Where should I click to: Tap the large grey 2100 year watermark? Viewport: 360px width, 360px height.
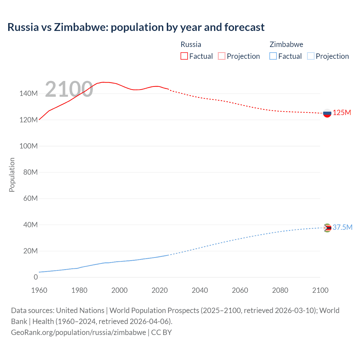[x=69, y=89]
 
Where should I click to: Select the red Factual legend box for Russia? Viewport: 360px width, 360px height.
[x=184, y=56]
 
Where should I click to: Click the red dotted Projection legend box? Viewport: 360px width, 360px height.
[x=222, y=56]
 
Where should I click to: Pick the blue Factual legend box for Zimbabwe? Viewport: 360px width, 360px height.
[x=273, y=56]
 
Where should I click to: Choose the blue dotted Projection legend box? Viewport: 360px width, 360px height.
[x=310, y=56]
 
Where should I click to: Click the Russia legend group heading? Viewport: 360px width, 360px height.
[x=191, y=44]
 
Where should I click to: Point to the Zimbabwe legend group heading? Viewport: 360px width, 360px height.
[x=286, y=44]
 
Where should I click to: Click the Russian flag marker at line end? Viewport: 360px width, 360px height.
[x=327, y=113]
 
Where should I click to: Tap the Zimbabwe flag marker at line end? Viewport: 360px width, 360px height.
[x=327, y=228]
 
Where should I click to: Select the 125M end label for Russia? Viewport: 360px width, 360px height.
[x=342, y=113]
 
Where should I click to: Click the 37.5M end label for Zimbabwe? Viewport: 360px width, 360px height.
[x=342, y=227]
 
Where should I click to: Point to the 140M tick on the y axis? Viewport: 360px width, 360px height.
[x=28, y=94]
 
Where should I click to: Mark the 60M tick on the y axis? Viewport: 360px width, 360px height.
[x=30, y=199]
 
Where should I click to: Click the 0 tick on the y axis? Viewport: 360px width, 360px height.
[x=36, y=277]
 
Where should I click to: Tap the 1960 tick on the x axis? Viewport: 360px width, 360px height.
[x=39, y=290]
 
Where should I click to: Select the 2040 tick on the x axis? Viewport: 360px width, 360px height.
[x=200, y=290]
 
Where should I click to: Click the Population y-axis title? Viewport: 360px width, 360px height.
[x=12, y=175]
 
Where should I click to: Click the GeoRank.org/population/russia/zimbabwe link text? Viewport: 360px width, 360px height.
[x=78, y=332]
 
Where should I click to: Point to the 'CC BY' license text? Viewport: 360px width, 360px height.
[x=161, y=332]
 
